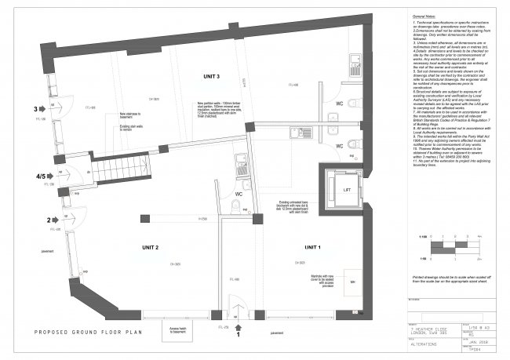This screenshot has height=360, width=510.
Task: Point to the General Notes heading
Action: click(x=428, y=16)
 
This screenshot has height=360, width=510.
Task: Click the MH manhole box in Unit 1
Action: click(x=353, y=280)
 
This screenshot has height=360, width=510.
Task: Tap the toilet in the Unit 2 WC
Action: click(x=236, y=205)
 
